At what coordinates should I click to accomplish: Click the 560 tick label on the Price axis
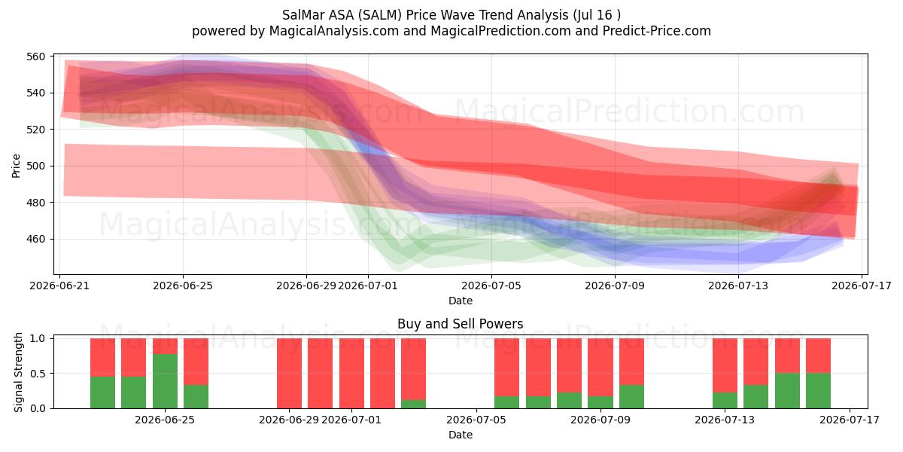(x=35, y=56)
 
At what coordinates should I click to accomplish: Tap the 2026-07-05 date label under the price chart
(x=491, y=286)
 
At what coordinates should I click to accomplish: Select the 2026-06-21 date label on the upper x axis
(x=59, y=286)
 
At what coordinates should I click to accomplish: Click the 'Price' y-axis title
(x=16, y=166)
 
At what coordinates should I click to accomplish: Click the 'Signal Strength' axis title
(x=18, y=372)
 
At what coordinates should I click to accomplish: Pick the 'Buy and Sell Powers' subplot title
(x=460, y=324)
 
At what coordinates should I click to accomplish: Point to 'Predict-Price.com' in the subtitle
(x=657, y=31)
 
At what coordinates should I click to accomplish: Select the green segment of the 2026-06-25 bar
(x=165, y=381)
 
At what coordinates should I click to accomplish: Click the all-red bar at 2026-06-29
(x=289, y=374)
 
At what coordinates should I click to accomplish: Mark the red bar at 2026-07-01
(x=351, y=374)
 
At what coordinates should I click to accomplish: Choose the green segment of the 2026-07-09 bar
(x=600, y=402)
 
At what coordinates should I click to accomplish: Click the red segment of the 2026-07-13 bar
(x=725, y=365)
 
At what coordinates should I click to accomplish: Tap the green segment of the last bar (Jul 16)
(x=819, y=391)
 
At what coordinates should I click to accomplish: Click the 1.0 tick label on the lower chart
(x=38, y=338)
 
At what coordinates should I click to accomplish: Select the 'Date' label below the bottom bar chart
(x=461, y=435)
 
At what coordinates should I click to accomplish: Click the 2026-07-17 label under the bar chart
(x=850, y=420)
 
